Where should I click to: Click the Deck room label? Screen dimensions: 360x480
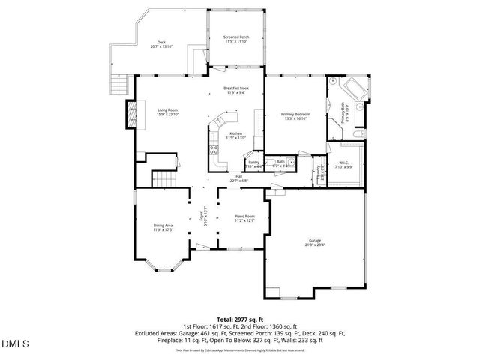161,44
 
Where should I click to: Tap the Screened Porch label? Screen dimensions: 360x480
237,39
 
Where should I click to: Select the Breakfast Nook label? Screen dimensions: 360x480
236,90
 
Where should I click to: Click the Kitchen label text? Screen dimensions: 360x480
236,136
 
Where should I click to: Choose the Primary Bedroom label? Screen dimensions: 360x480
295,116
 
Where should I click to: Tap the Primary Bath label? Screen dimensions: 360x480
346,115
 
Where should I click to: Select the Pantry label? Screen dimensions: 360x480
253,164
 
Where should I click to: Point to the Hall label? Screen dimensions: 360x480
238,178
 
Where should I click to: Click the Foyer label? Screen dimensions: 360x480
202,218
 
